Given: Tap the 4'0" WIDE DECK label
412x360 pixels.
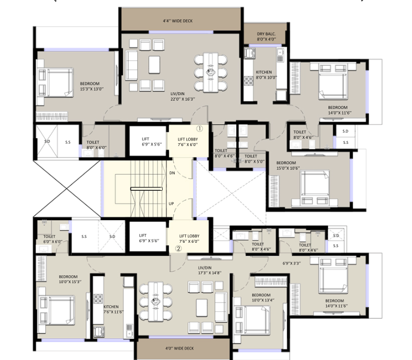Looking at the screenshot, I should click(180, 348).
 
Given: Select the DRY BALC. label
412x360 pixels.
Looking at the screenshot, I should click(266, 36).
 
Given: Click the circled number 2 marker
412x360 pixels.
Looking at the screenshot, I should click(178, 249).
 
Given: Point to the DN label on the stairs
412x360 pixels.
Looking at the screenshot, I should click(171, 173).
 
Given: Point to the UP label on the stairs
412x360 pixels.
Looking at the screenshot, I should click(171, 204).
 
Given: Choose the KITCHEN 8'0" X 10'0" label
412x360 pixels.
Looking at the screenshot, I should click(264, 75).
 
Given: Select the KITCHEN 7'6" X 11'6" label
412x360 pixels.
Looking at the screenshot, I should click(111, 310).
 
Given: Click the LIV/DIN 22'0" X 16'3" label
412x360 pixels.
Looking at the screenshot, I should click(182, 97).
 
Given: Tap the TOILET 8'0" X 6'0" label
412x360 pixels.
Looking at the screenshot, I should click(92, 145).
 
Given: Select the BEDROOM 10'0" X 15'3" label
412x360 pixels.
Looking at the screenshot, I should click(70, 279).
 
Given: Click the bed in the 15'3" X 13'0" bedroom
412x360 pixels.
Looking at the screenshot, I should click(55, 83).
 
